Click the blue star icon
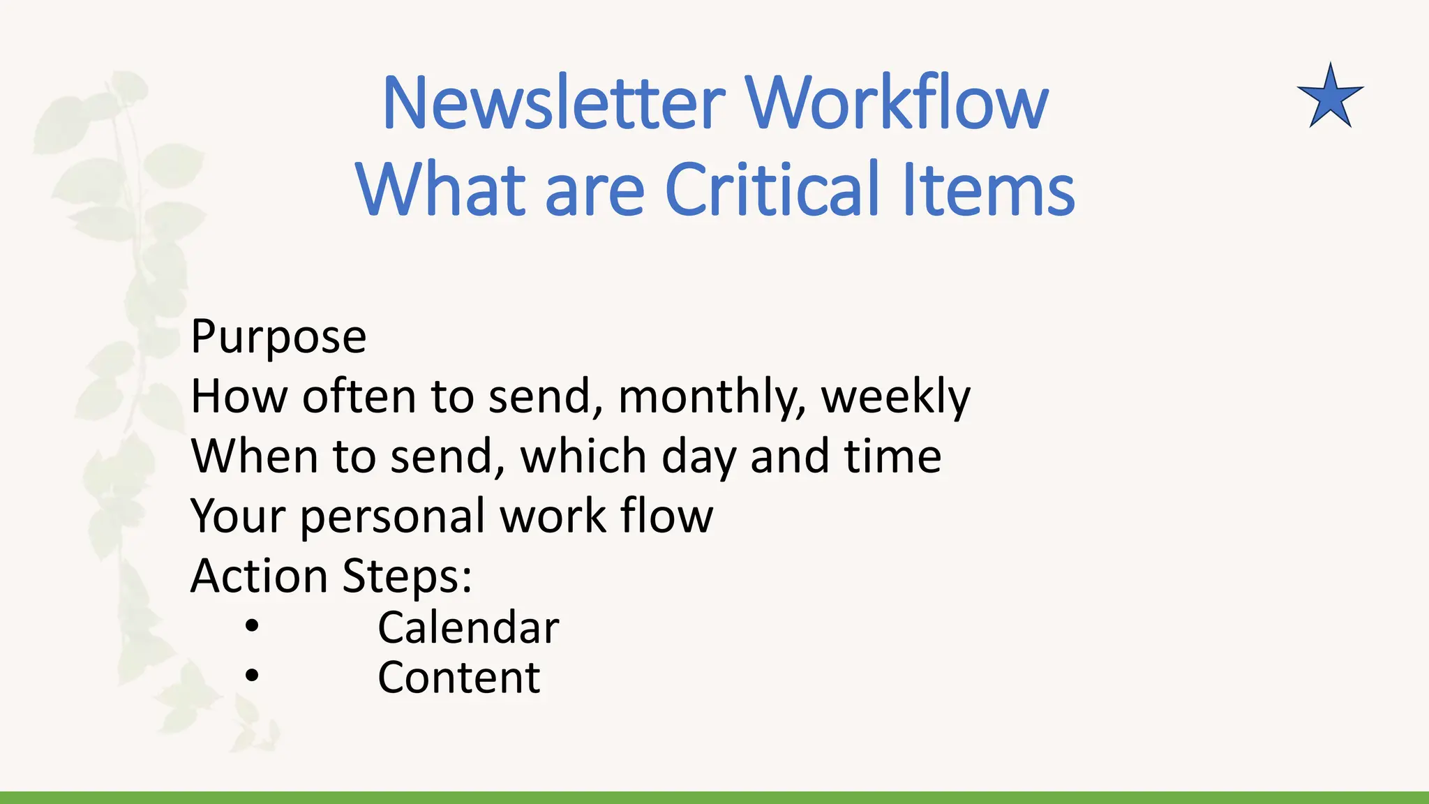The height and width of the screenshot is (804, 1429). (x=1330, y=98)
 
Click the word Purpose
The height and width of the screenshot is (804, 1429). (x=278, y=338)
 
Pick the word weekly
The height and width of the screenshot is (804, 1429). (x=895, y=398)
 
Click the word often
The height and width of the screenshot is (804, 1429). (x=359, y=396)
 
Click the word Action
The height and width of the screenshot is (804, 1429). (x=259, y=576)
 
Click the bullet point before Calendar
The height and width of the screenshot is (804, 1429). (x=252, y=626)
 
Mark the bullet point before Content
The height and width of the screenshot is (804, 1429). (x=252, y=676)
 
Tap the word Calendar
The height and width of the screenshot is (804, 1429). (x=468, y=627)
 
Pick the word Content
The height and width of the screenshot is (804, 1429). (x=458, y=677)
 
